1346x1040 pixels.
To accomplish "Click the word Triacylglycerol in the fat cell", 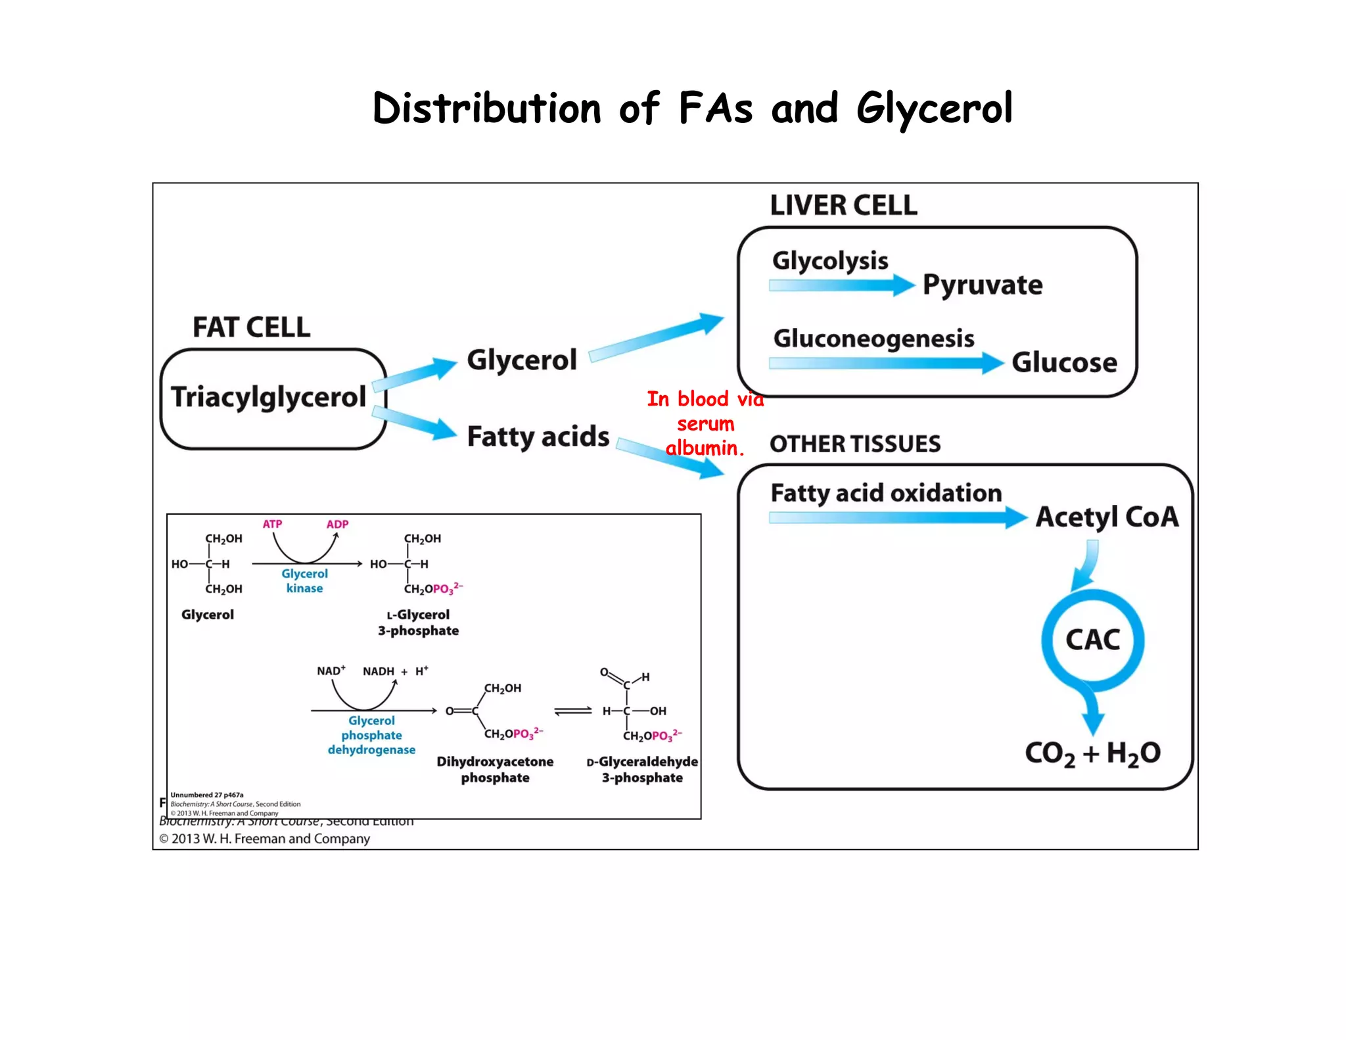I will (x=268, y=398).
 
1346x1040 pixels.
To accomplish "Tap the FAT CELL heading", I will (x=251, y=327).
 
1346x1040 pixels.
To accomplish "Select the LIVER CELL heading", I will (x=843, y=206).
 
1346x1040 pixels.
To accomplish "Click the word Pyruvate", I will (x=982, y=285).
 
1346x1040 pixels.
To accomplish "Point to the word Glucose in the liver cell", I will (x=1064, y=363).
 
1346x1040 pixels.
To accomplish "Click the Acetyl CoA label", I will (x=1107, y=517).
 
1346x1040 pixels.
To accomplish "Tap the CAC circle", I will (x=1092, y=640).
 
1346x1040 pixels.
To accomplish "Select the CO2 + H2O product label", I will (x=1092, y=753).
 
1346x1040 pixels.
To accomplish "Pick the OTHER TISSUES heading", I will (x=855, y=444).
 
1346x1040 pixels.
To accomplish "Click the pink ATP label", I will (x=272, y=524).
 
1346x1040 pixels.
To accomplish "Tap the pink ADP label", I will (x=337, y=524).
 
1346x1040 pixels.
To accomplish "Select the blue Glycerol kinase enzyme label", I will (x=304, y=581).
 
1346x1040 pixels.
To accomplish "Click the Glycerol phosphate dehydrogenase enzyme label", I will (x=371, y=736).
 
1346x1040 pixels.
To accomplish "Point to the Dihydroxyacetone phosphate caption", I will (x=495, y=770).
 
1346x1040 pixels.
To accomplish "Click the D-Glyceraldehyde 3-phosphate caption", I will (x=642, y=770).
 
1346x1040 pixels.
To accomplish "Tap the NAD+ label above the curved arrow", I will (x=331, y=671).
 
